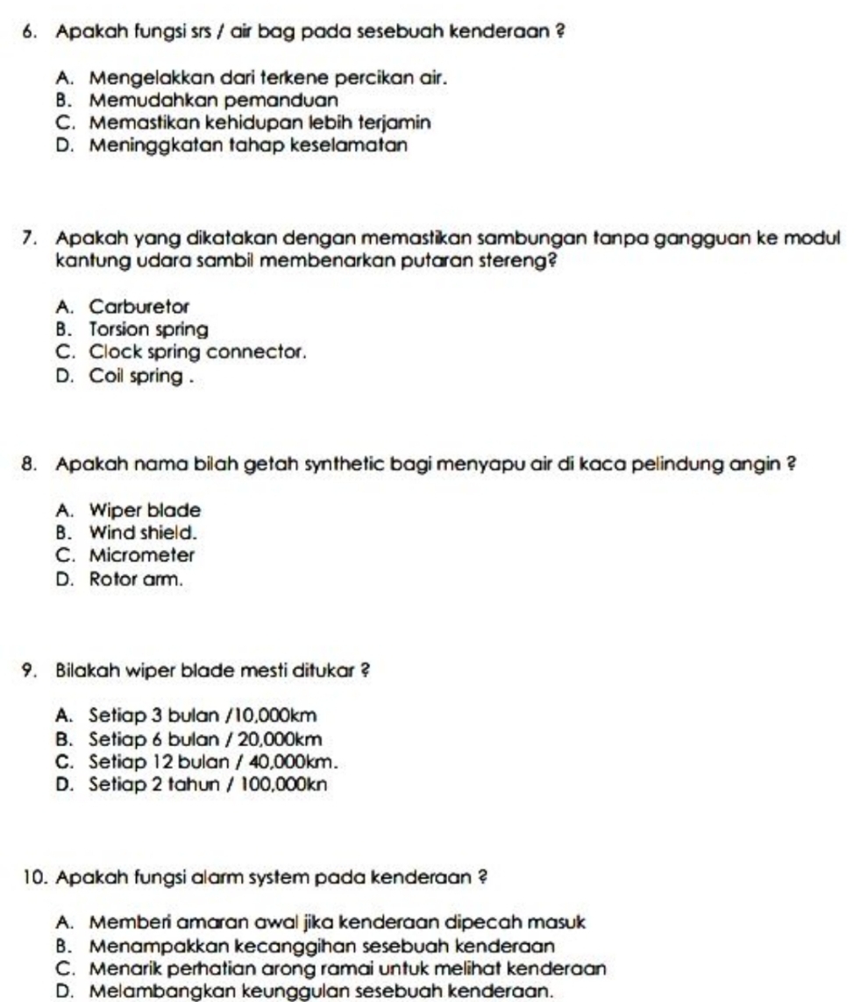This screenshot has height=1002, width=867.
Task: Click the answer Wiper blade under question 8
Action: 145,509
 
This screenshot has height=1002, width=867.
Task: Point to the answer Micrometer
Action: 141,554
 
